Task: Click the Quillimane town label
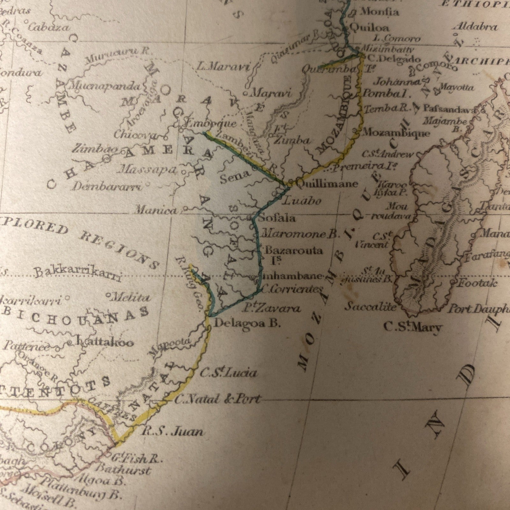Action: [327, 184]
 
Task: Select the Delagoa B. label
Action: [247, 324]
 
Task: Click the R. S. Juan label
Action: [172, 432]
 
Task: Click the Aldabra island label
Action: [475, 27]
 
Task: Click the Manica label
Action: [156, 210]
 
